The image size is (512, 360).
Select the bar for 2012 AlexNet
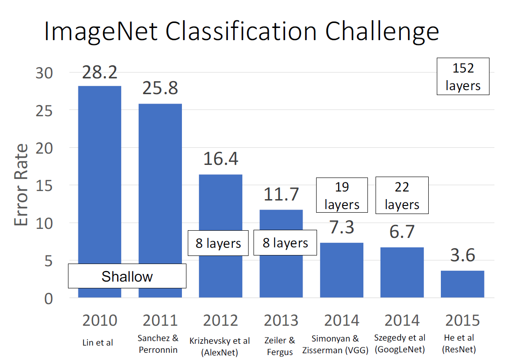220,207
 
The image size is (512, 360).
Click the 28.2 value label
100,72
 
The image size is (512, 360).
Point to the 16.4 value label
221,159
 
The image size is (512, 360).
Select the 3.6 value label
462,255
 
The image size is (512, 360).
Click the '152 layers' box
463,76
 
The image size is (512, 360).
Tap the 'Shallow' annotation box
127,276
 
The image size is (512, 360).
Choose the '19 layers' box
342,195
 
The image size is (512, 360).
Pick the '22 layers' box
402,195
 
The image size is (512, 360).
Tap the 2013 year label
281,320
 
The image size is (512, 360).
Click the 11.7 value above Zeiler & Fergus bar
281,195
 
